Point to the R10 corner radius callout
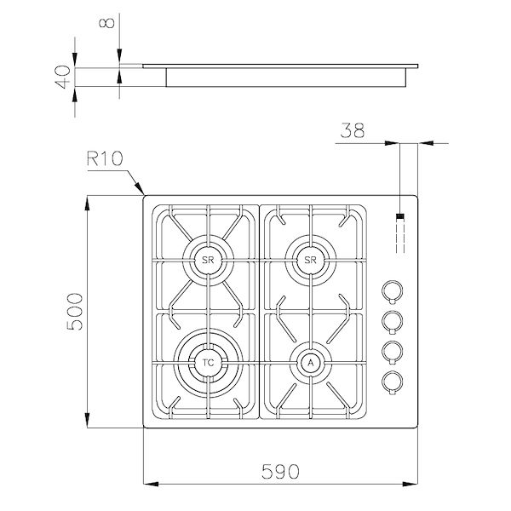click(x=103, y=159)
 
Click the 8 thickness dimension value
click(x=106, y=23)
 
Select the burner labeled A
click(x=310, y=363)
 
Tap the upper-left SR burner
click(x=205, y=259)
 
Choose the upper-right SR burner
click(x=310, y=259)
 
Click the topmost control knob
click(x=392, y=290)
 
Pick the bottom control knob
click(x=392, y=381)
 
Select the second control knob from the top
click(x=392, y=320)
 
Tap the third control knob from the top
click(x=392, y=350)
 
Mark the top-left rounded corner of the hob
click(x=145, y=198)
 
